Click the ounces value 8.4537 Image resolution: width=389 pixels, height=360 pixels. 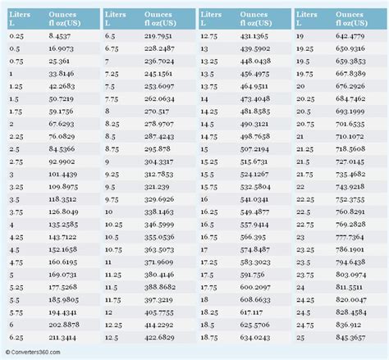[x=60, y=36]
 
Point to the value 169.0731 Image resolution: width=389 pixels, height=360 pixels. [x=62, y=273]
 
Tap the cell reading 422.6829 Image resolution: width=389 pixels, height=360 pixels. [x=158, y=335]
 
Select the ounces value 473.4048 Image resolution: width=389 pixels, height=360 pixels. [x=254, y=98]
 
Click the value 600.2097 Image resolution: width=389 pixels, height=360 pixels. [x=254, y=285]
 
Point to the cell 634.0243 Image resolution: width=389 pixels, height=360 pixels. [x=254, y=335]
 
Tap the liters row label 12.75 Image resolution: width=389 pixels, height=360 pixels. [x=209, y=36]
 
